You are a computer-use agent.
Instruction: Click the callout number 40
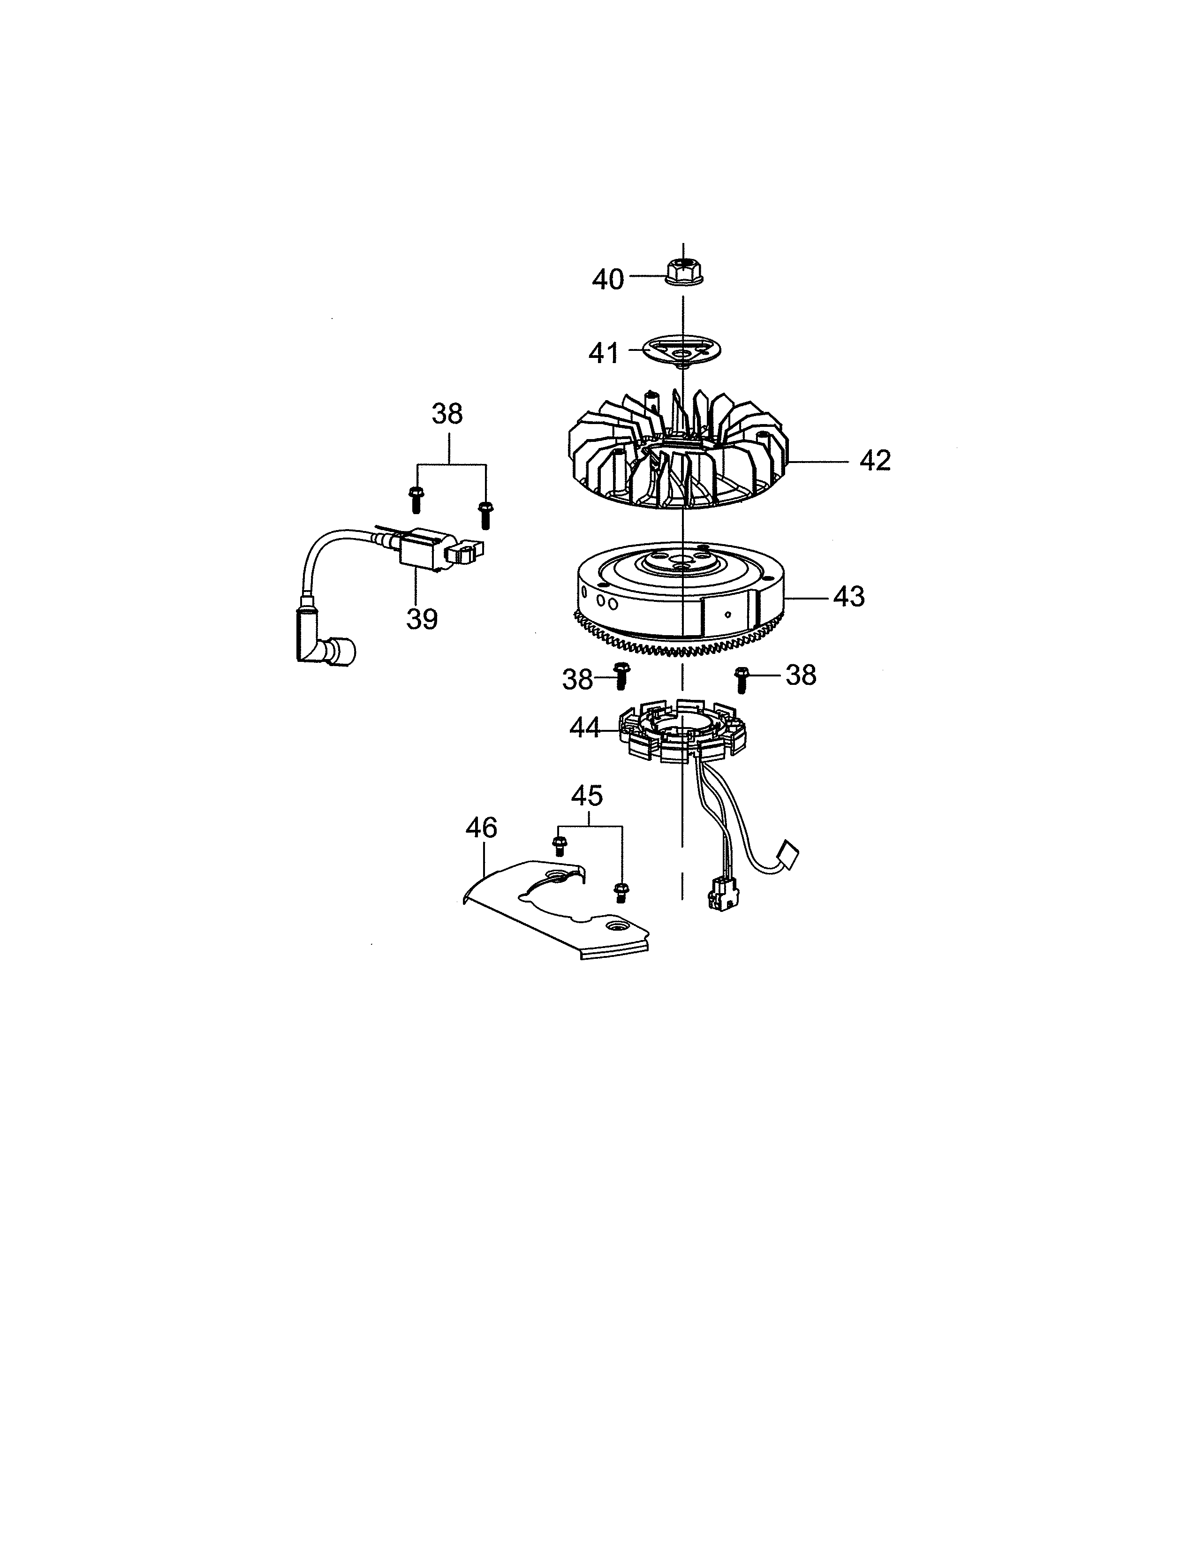(x=608, y=279)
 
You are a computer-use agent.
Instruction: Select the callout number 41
(x=604, y=353)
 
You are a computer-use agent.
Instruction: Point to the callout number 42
(x=875, y=461)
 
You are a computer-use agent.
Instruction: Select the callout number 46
(x=482, y=827)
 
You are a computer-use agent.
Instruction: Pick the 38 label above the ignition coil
(x=447, y=414)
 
